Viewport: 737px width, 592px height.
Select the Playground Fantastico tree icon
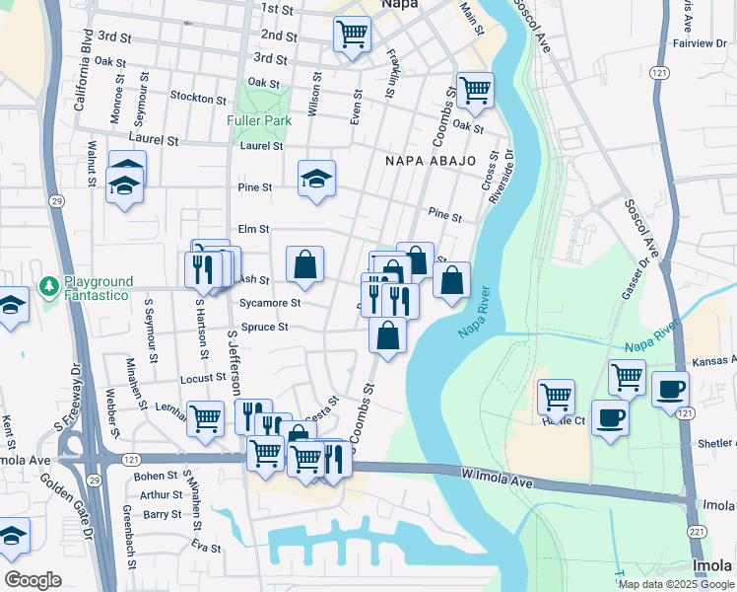48,286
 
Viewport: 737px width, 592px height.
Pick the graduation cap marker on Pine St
316,179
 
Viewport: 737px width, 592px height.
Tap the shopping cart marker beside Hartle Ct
557,397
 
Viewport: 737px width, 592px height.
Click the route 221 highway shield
697,532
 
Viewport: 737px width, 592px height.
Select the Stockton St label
198,98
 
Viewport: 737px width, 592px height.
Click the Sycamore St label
269,303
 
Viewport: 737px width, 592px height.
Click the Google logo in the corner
33,580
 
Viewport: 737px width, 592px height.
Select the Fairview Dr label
699,43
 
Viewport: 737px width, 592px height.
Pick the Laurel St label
260,145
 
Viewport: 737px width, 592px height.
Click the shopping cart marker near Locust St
205,417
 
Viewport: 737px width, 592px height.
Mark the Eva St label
206,547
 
